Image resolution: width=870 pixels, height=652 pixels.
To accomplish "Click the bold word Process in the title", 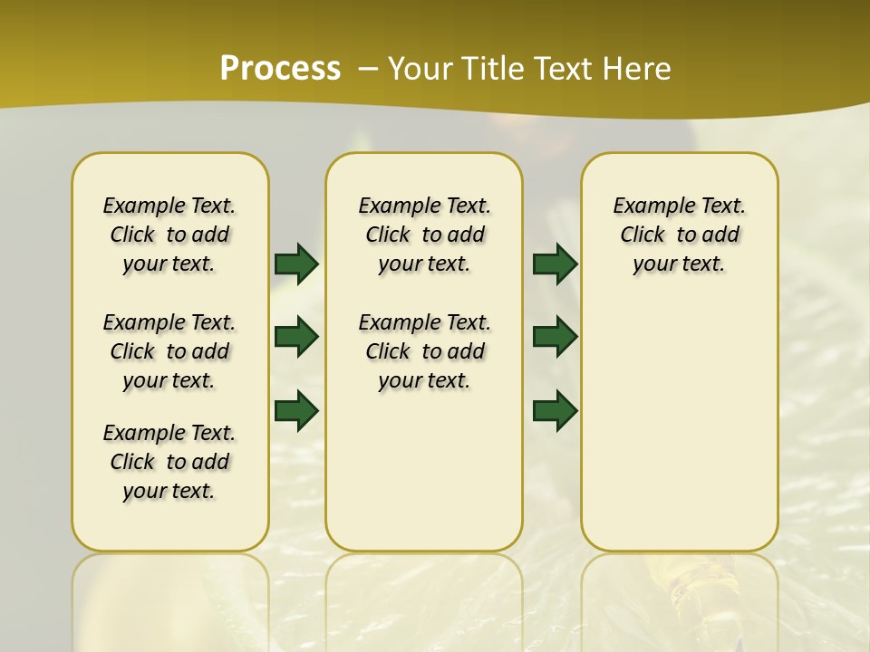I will [x=280, y=69].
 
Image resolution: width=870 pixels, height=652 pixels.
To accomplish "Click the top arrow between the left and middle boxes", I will [x=296, y=264].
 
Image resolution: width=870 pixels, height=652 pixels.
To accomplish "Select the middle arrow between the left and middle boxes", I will [x=296, y=337].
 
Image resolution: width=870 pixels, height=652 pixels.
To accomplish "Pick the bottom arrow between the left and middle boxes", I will [x=296, y=410].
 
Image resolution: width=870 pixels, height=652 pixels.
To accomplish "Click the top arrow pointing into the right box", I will [x=555, y=264].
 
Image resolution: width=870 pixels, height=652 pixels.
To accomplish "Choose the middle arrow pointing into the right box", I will [x=555, y=337].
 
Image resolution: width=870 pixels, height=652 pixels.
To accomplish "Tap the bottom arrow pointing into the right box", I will [x=555, y=410].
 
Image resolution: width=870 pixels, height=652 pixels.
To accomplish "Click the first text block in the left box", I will [x=169, y=235].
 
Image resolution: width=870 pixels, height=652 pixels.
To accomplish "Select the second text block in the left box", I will [x=169, y=351].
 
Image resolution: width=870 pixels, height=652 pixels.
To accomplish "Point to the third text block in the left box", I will [x=169, y=462].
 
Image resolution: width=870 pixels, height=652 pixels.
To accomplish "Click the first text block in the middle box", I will [x=424, y=235].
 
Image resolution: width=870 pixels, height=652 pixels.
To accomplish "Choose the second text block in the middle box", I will [x=424, y=351].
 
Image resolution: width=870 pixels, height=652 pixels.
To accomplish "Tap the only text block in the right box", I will [x=679, y=235].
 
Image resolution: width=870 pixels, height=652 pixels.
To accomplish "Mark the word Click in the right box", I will [x=643, y=235].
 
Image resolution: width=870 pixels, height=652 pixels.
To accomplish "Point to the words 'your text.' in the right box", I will [x=679, y=264].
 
